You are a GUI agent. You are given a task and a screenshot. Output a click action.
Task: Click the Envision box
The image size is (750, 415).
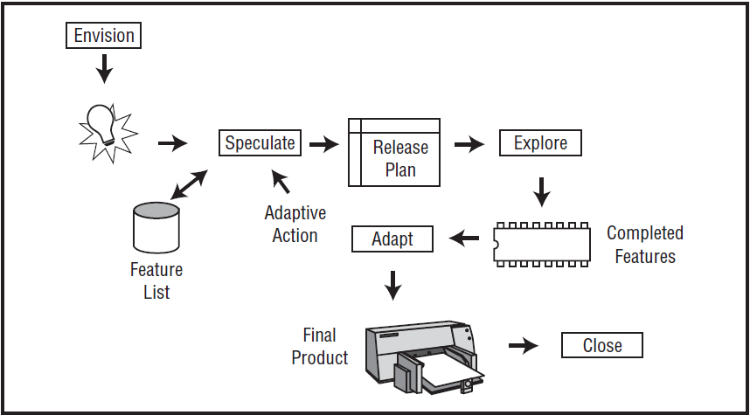(104, 36)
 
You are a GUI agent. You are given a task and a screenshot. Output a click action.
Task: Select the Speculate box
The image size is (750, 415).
(260, 143)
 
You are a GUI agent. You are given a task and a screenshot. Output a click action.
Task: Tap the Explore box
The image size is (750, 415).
(540, 143)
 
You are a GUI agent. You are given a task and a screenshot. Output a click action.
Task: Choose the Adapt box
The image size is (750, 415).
(392, 239)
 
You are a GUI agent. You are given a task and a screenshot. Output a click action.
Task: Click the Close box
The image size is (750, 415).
(601, 345)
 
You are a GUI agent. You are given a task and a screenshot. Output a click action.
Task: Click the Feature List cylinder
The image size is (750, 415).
(156, 227)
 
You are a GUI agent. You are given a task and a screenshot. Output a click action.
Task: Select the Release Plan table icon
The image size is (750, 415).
(393, 152)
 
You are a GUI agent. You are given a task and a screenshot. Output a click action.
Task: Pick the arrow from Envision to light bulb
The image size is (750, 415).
(105, 68)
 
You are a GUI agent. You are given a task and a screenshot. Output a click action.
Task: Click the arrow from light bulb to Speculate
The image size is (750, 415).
(172, 143)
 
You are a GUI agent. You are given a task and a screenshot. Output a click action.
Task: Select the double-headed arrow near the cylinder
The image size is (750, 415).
(189, 184)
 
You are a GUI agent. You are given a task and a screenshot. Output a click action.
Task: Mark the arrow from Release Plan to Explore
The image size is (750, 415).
(469, 144)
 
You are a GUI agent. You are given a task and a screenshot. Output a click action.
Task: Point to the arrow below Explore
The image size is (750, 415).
(541, 190)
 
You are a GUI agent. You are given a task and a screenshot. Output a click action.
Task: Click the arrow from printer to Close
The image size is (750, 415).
(523, 346)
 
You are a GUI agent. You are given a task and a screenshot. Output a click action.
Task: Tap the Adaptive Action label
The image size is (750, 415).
(295, 225)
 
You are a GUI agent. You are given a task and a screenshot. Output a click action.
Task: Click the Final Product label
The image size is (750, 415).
(320, 347)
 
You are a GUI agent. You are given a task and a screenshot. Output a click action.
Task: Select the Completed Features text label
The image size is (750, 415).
(645, 245)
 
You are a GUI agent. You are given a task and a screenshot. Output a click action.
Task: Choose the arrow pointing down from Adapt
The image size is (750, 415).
(393, 282)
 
